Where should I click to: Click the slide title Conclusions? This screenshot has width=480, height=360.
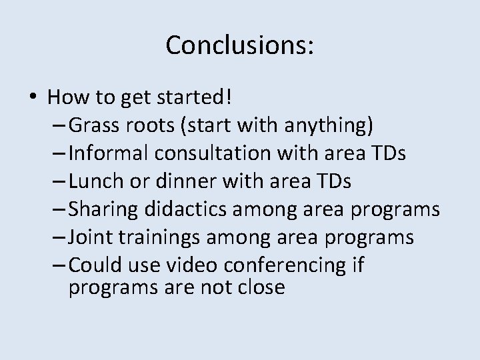(240, 45)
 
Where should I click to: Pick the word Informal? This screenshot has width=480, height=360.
(109, 153)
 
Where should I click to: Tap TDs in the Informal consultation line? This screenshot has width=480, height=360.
(389, 153)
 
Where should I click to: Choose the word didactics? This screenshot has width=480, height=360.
(193, 209)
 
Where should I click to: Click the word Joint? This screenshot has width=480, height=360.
(89, 237)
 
